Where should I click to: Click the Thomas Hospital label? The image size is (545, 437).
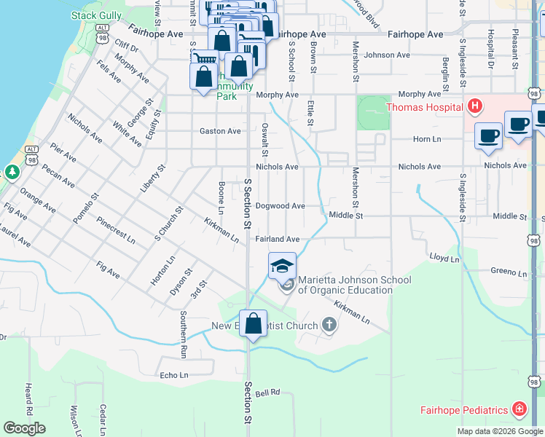(x=424, y=107)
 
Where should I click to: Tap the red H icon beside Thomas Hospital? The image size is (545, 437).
(x=475, y=107)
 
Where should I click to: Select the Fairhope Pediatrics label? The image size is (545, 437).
(x=463, y=410)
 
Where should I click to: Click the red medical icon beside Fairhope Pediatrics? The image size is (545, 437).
(x=519, y=409)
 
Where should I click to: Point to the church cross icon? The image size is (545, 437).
(x=329, y=325)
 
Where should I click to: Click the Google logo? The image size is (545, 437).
(x=24, y=428)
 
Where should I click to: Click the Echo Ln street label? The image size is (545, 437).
(x=174, y=375)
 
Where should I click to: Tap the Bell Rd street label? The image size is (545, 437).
(x=268, y=392)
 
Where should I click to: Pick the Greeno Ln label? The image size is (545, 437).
(x=508, y=272)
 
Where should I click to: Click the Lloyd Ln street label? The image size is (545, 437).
(x=444, y=258)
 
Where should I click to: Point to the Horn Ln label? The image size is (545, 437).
(x=427, y=139)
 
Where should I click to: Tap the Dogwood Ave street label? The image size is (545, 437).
(x=280, y=206)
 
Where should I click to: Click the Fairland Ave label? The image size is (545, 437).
(x=277, y=239)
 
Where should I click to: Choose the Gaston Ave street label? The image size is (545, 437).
(x=220, y=131)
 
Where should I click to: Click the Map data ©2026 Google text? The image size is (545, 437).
(x=499, y=431)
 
